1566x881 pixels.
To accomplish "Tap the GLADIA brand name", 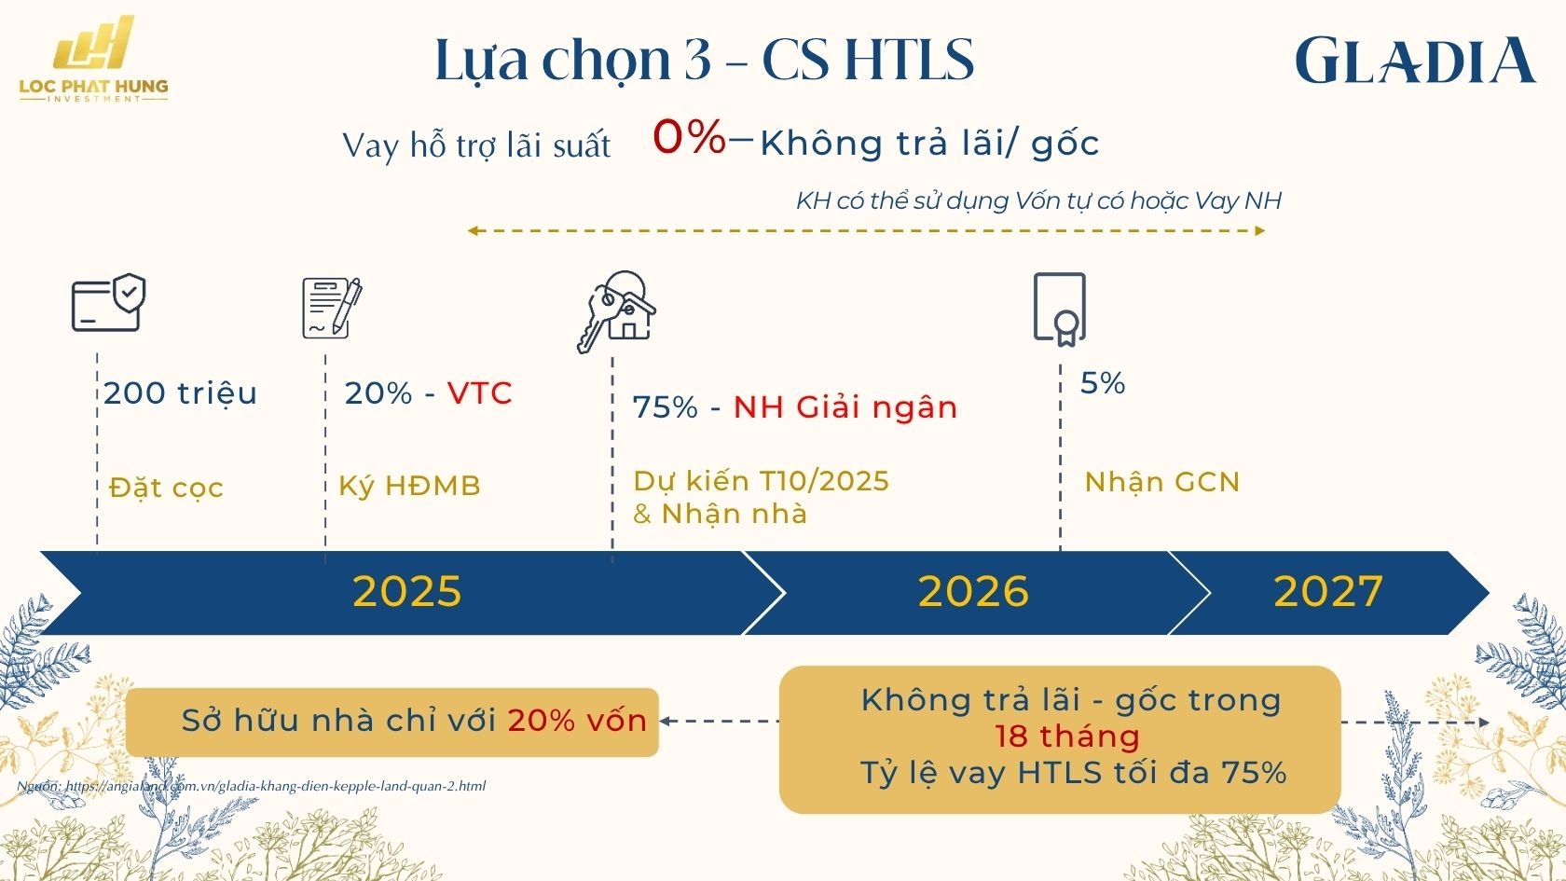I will tap(1414, 62).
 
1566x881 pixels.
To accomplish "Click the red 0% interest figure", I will tap(689, 137).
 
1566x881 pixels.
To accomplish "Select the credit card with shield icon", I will tap(108, 303).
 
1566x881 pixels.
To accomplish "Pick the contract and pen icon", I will tap(331, 308).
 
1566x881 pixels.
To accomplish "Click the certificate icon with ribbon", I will tap(1060, 309).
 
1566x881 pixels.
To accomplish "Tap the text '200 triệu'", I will tap(180, 393).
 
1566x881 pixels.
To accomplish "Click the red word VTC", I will tap(479, 393).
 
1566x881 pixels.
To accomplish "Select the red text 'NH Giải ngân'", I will tap(845, 407).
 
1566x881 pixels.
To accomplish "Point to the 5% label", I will tap(1103, 383).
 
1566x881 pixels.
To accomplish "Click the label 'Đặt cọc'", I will tap(166, 488).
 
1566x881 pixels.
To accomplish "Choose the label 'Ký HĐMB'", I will tap(409, 486).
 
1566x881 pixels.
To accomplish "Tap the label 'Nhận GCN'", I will tap(1161, 482).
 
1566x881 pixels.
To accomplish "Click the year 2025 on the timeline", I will tap(406, 592).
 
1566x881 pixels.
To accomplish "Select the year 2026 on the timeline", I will tap(973, 592).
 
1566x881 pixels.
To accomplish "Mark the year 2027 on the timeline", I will tap(1327, 592).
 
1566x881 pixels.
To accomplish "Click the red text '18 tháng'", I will tap(1066, 736).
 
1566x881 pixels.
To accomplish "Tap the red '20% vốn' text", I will tap(577, 721).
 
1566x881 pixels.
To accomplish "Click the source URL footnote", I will tap(252, 786).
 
